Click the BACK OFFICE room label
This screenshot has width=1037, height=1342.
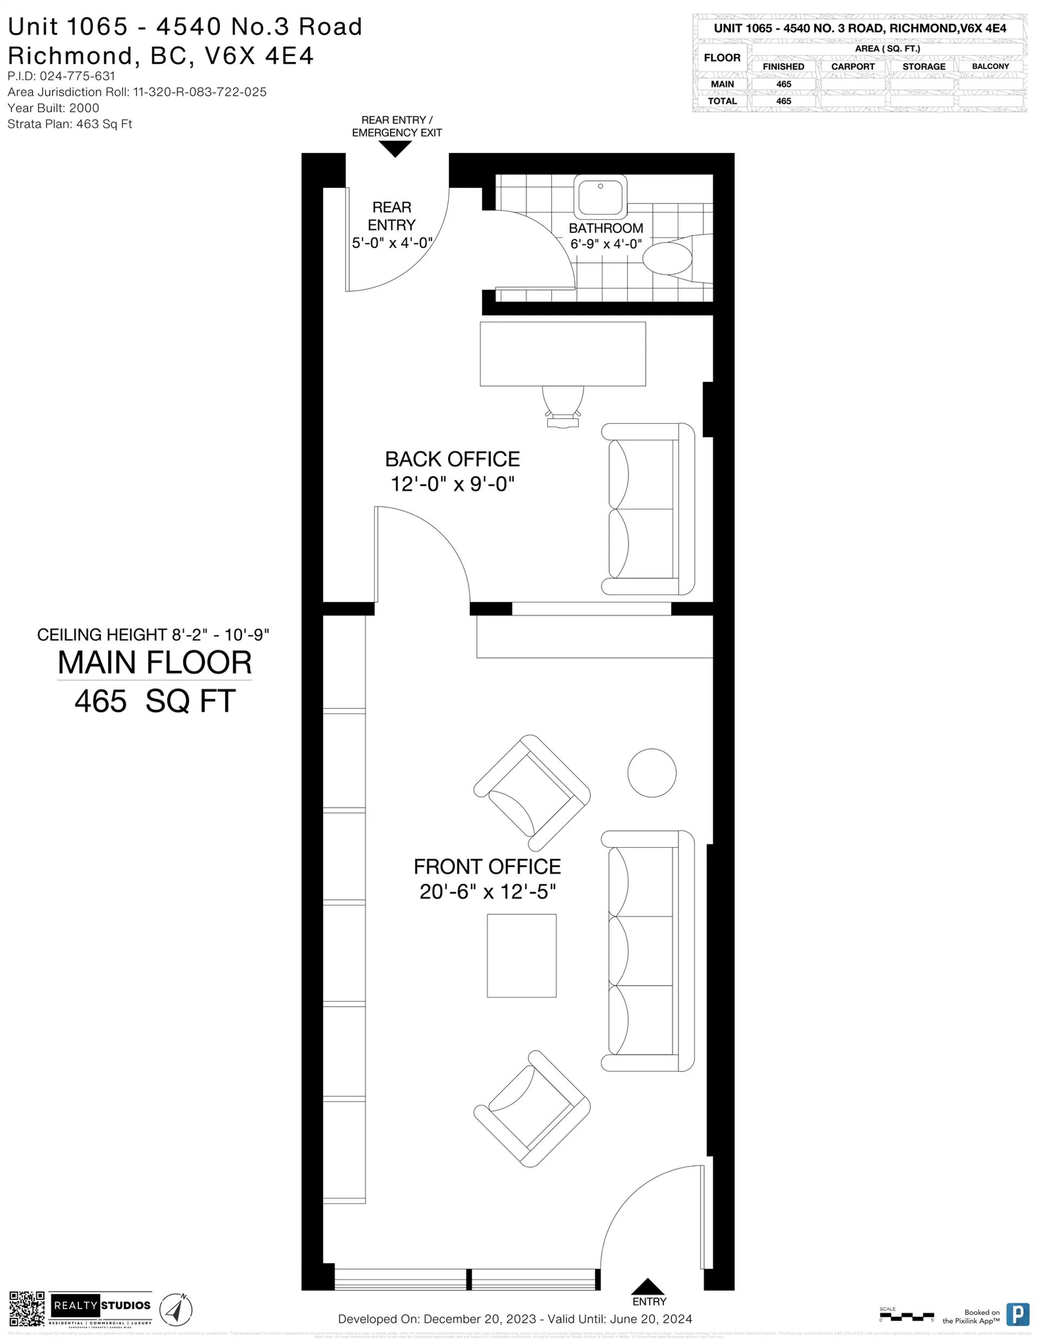point(453,459)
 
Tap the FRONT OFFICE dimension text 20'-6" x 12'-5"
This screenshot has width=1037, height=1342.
point(488,892)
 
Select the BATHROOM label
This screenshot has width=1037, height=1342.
point(605,228)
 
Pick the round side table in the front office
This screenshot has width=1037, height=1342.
point(651,773)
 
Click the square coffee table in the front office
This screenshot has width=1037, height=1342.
point(521,955)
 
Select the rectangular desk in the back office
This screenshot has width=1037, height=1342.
point(562,354)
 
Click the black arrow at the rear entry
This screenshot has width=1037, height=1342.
point(395,148)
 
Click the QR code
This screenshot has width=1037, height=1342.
point(26,1309)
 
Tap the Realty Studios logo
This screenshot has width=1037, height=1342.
point(101,1306)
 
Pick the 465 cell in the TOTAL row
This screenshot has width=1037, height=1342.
point(783,102)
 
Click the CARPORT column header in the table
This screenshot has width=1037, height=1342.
point(853,66)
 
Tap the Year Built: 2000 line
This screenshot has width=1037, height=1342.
point(53,108)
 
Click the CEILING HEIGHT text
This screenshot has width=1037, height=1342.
point(153,635)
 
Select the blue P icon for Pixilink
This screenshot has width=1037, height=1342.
point(1018,1314)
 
